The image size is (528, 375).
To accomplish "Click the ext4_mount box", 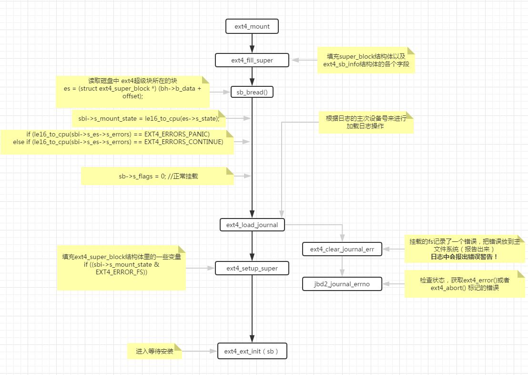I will point(252,27).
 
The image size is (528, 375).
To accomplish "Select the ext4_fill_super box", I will point(252,60).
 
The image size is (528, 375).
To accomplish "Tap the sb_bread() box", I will point(252,92).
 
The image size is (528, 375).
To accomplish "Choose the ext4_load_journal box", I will point(252,225).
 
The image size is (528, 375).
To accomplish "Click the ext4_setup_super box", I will point(252,269).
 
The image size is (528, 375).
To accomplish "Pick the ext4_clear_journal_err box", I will point(342,249).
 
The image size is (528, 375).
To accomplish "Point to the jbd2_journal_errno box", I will point(342,284).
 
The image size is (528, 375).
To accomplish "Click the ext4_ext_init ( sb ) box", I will point(252,352).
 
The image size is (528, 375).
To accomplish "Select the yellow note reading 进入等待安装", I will point(154,352).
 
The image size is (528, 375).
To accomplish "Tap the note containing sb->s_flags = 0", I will point(157,176).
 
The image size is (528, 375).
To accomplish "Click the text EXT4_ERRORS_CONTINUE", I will point(183,142).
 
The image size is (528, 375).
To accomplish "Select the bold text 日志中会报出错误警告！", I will point(464,257).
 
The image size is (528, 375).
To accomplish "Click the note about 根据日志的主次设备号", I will point(366,122).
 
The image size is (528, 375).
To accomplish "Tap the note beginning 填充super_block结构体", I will point(366,60).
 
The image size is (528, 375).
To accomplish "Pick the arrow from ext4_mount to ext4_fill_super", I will point(252,43).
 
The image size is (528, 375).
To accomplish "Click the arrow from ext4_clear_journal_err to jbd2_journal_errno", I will point(342,267).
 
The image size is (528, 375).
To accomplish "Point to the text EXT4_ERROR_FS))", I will point(121,272).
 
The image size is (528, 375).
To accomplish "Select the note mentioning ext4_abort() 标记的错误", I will point(464,284).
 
